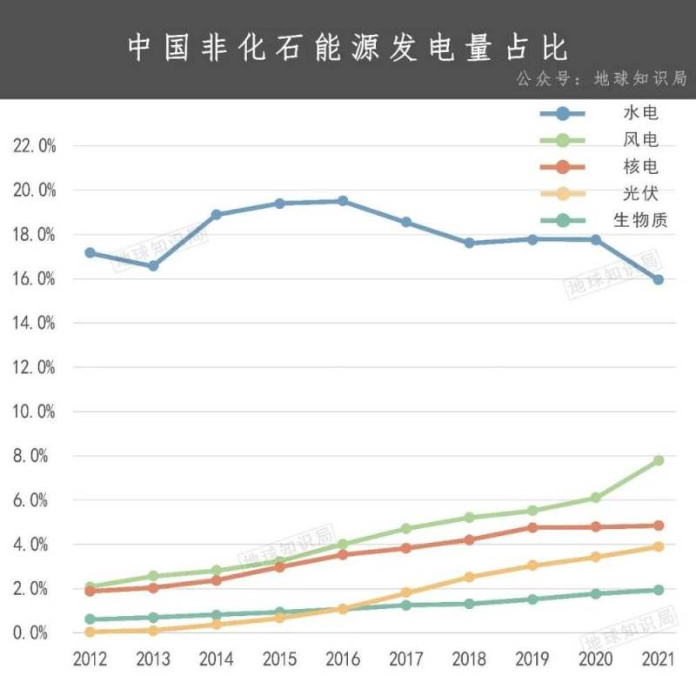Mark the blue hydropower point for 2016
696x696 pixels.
(343, 201)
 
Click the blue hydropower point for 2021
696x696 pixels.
(659, 279)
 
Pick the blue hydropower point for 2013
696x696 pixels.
(153, 265)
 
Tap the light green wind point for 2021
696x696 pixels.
(659, 460)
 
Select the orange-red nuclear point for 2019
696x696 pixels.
(532, 527)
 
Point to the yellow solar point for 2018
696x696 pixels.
(469, 577)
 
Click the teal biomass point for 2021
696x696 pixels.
(659, 590)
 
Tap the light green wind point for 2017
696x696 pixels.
(406, 528)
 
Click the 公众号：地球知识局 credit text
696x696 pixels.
(601, 78)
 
